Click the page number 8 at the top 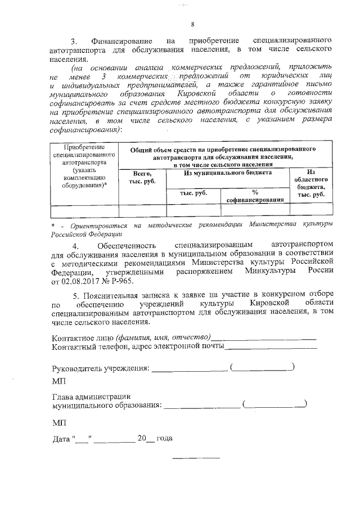(192, 24)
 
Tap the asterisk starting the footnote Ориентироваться (52, 225)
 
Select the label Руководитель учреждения (100, 368)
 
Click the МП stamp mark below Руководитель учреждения (58, 382)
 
